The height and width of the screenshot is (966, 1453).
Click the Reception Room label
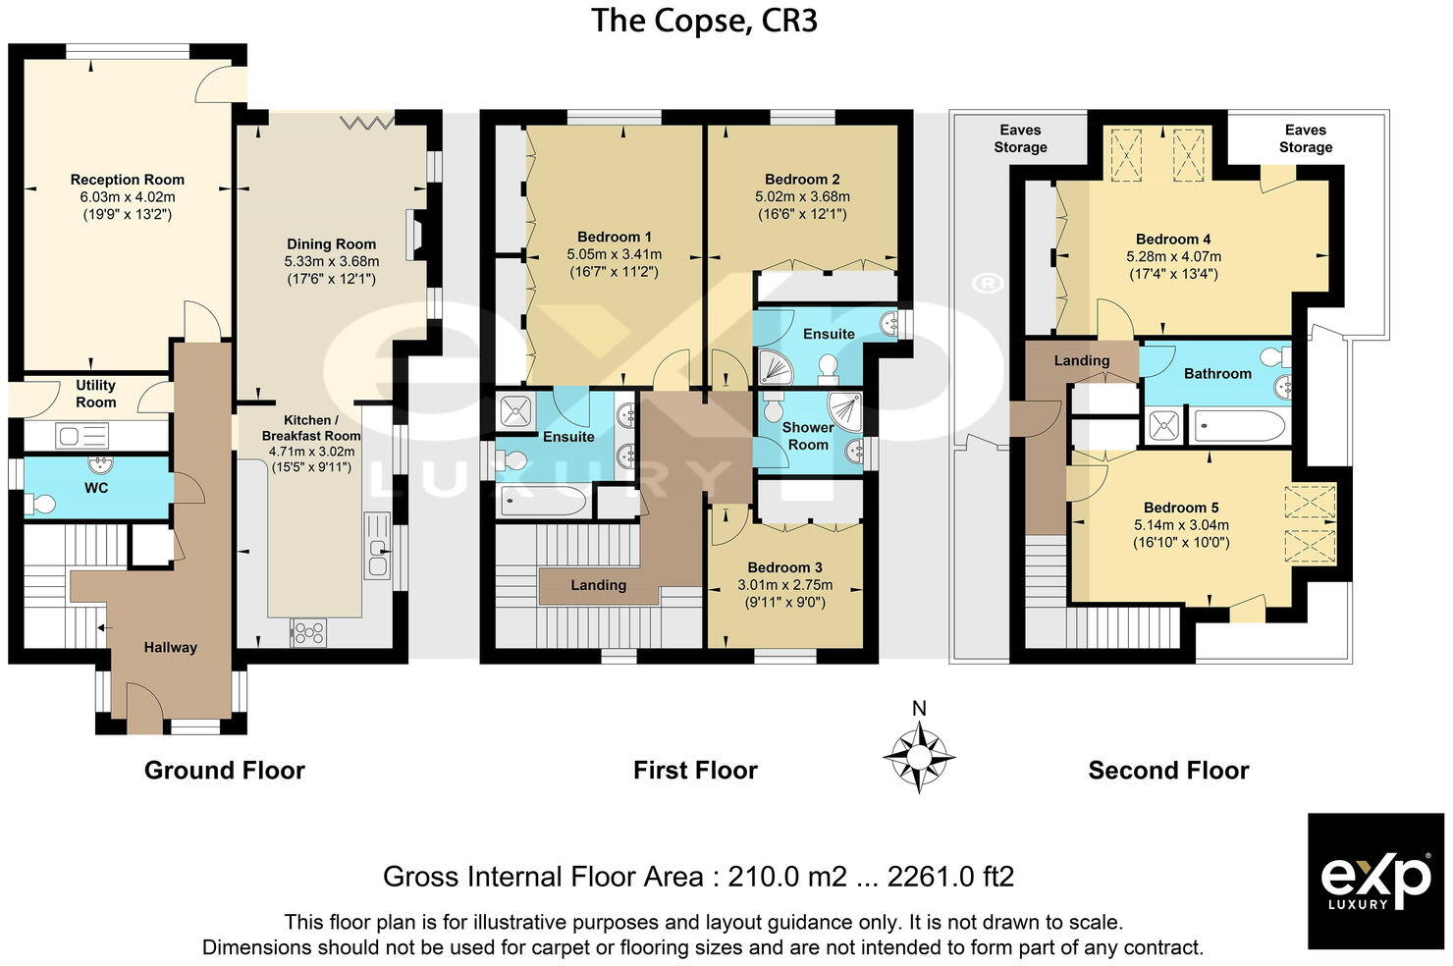(x=127, y=180)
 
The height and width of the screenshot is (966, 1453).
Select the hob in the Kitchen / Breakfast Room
(x=307, y=633)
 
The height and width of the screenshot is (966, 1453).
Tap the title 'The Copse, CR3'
(x=703, y=21)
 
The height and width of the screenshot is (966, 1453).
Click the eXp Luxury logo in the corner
(x=1375, y=881)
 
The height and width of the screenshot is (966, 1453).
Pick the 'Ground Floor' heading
(x=224, y=771)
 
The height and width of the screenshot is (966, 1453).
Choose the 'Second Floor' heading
(x=1167, y=771)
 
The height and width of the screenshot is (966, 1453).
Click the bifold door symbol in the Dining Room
(x=367, y=122)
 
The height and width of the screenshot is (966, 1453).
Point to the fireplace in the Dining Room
(x=418, y=236)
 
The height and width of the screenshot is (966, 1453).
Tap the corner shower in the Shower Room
(x=844, y=409)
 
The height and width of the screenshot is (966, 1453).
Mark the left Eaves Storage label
(x=1020, y=138)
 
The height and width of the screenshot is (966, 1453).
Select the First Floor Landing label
(x=598, y=585)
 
